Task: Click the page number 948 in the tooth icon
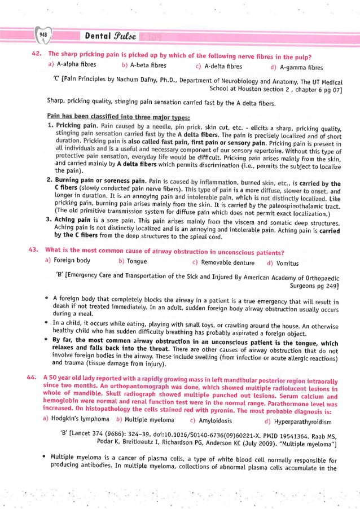point(43,36)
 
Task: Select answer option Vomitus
point(283,262)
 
